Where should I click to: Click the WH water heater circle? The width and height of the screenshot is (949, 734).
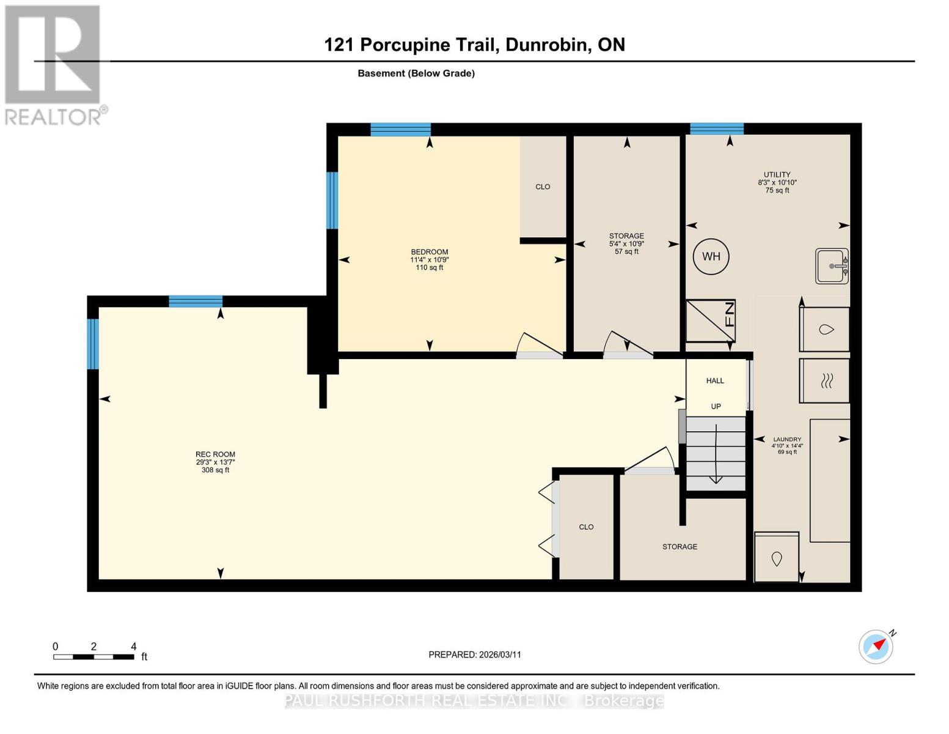click(711, 256)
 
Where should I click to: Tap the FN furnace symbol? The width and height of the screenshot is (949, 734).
click(710, 321)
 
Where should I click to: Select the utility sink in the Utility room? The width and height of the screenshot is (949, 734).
click(832, 266)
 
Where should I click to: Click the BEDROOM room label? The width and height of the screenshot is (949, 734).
click(429, 252)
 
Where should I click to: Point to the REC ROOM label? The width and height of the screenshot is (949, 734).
click(215, 454)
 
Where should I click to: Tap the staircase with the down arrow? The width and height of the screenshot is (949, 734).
click(716, 453)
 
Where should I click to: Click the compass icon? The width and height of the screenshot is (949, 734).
click(876, 647)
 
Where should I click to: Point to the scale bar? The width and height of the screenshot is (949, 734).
click(93, 657)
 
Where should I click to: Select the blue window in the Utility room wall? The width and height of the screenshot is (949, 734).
click(717, 128)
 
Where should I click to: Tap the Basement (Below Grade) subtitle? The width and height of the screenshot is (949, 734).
click(416, 73)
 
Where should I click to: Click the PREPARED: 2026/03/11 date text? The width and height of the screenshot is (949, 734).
click(475, 654)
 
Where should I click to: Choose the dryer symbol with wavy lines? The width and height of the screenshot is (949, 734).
click(824, 380)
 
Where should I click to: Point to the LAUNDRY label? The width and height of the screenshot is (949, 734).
click(787, 439)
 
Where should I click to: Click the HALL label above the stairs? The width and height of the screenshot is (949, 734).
click(715, 380)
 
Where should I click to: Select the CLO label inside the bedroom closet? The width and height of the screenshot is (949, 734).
click(543, 187)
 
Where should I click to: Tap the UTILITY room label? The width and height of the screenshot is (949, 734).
click(777, 174)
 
